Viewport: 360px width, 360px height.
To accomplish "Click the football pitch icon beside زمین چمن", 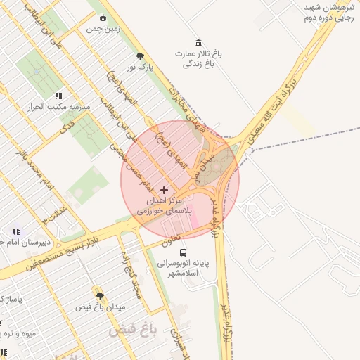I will point(104,18).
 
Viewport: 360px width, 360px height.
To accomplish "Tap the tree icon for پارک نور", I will point(141,56).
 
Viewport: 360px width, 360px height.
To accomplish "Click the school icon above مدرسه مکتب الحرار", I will point(58,96).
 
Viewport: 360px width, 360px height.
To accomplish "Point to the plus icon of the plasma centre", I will point(165,190).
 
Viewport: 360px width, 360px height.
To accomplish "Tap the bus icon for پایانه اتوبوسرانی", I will point(183,252).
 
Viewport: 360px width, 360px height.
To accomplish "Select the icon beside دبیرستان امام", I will point(16,231).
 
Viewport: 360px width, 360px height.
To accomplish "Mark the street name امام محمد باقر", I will point(39,172).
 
